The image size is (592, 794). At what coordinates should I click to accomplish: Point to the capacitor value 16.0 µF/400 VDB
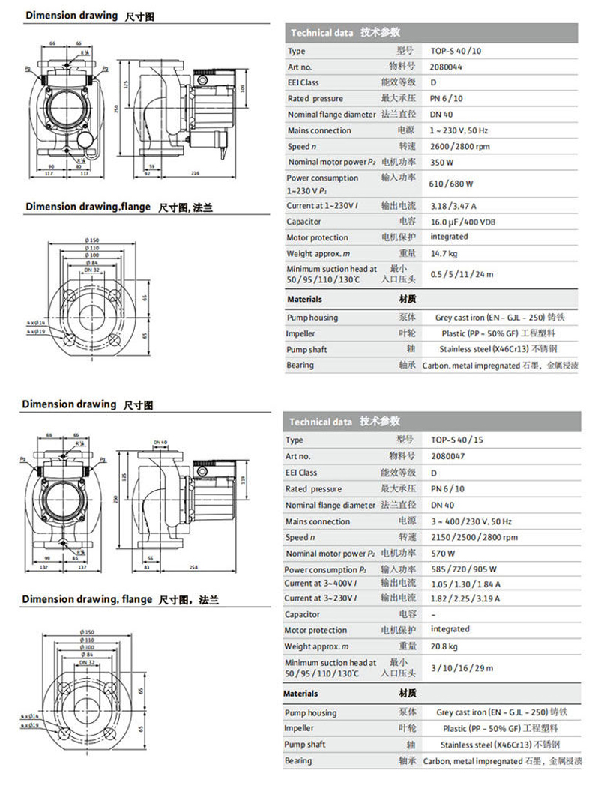[463, 222]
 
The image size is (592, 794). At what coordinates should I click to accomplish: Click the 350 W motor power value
[442, 162]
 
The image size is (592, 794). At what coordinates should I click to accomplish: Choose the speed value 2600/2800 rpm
[460, 146]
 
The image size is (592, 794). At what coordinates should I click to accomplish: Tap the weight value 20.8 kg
[444, 646]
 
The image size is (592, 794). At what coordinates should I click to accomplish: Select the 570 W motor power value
[442, 554]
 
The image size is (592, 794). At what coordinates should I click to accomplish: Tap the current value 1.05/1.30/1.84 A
[465, 584]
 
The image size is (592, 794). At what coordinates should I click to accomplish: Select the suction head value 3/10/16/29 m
[462, 667]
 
